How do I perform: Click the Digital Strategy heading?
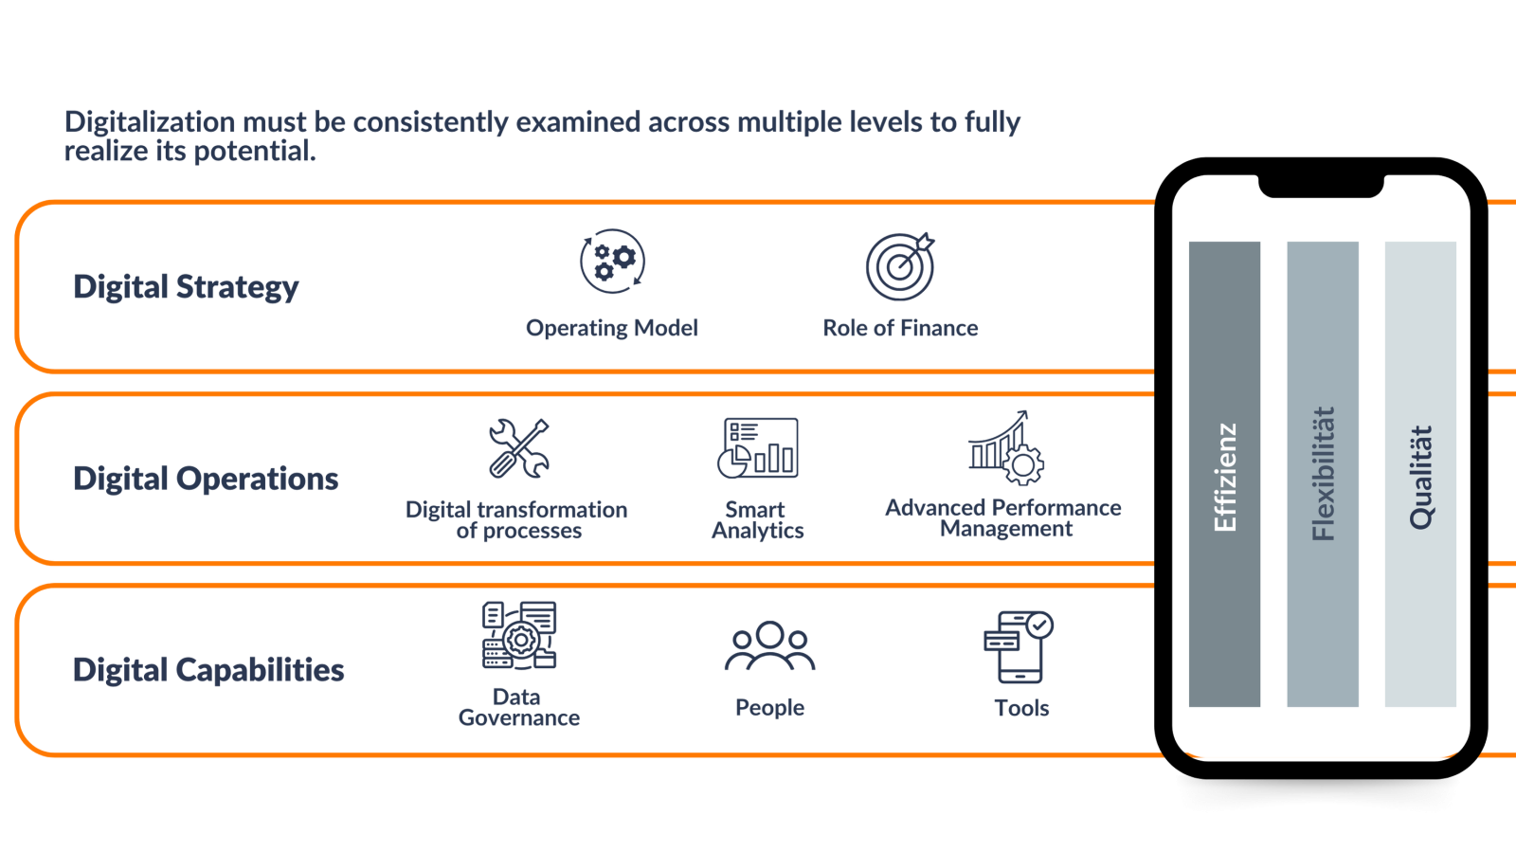tap(186, 287)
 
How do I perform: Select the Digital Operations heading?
tap(206, 479)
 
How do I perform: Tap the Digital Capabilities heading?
tap(208, 670)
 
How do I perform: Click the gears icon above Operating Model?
tap(612, 262)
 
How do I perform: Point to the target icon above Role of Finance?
tap(900, 266)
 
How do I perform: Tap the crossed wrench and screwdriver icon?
tap(519, 448)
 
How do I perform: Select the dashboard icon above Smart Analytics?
tap(758, 448)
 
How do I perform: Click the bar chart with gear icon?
tap(1006, 448)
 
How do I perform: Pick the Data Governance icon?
tap(519, 636)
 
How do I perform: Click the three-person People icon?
tap(769, 646)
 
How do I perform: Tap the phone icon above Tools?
tap(1019, 647)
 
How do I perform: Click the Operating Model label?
tap(612, 328)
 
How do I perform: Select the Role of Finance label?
tap(900, 328)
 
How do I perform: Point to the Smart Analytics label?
tap(757, 519)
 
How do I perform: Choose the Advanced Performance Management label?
tap(1003, 517)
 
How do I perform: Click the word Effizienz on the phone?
tap(1225, 477)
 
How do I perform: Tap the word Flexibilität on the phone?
tap(1323, 474)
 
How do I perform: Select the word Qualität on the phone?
tap(1420, 477)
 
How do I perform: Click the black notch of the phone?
tap(1321, 186)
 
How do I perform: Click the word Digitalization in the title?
tap(150, 122)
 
